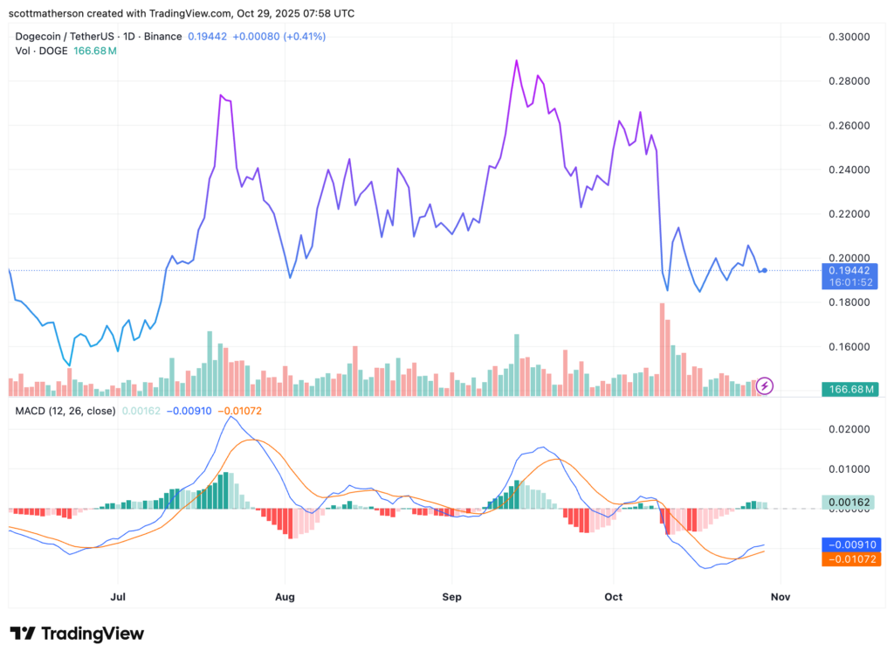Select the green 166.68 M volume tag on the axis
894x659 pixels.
coord(852,389)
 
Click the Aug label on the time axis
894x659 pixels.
coord(285,597)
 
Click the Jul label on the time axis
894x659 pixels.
coord(118,597)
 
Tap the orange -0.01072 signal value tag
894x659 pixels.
coord(851,558)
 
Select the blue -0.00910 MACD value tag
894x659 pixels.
coord(851,544)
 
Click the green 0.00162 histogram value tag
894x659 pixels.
coord(851,503)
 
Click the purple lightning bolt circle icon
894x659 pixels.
coord(765,385)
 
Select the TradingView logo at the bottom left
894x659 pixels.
coord(77,634)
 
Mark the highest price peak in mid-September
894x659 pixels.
coord(517,61)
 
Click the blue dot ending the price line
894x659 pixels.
coord(765,270)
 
